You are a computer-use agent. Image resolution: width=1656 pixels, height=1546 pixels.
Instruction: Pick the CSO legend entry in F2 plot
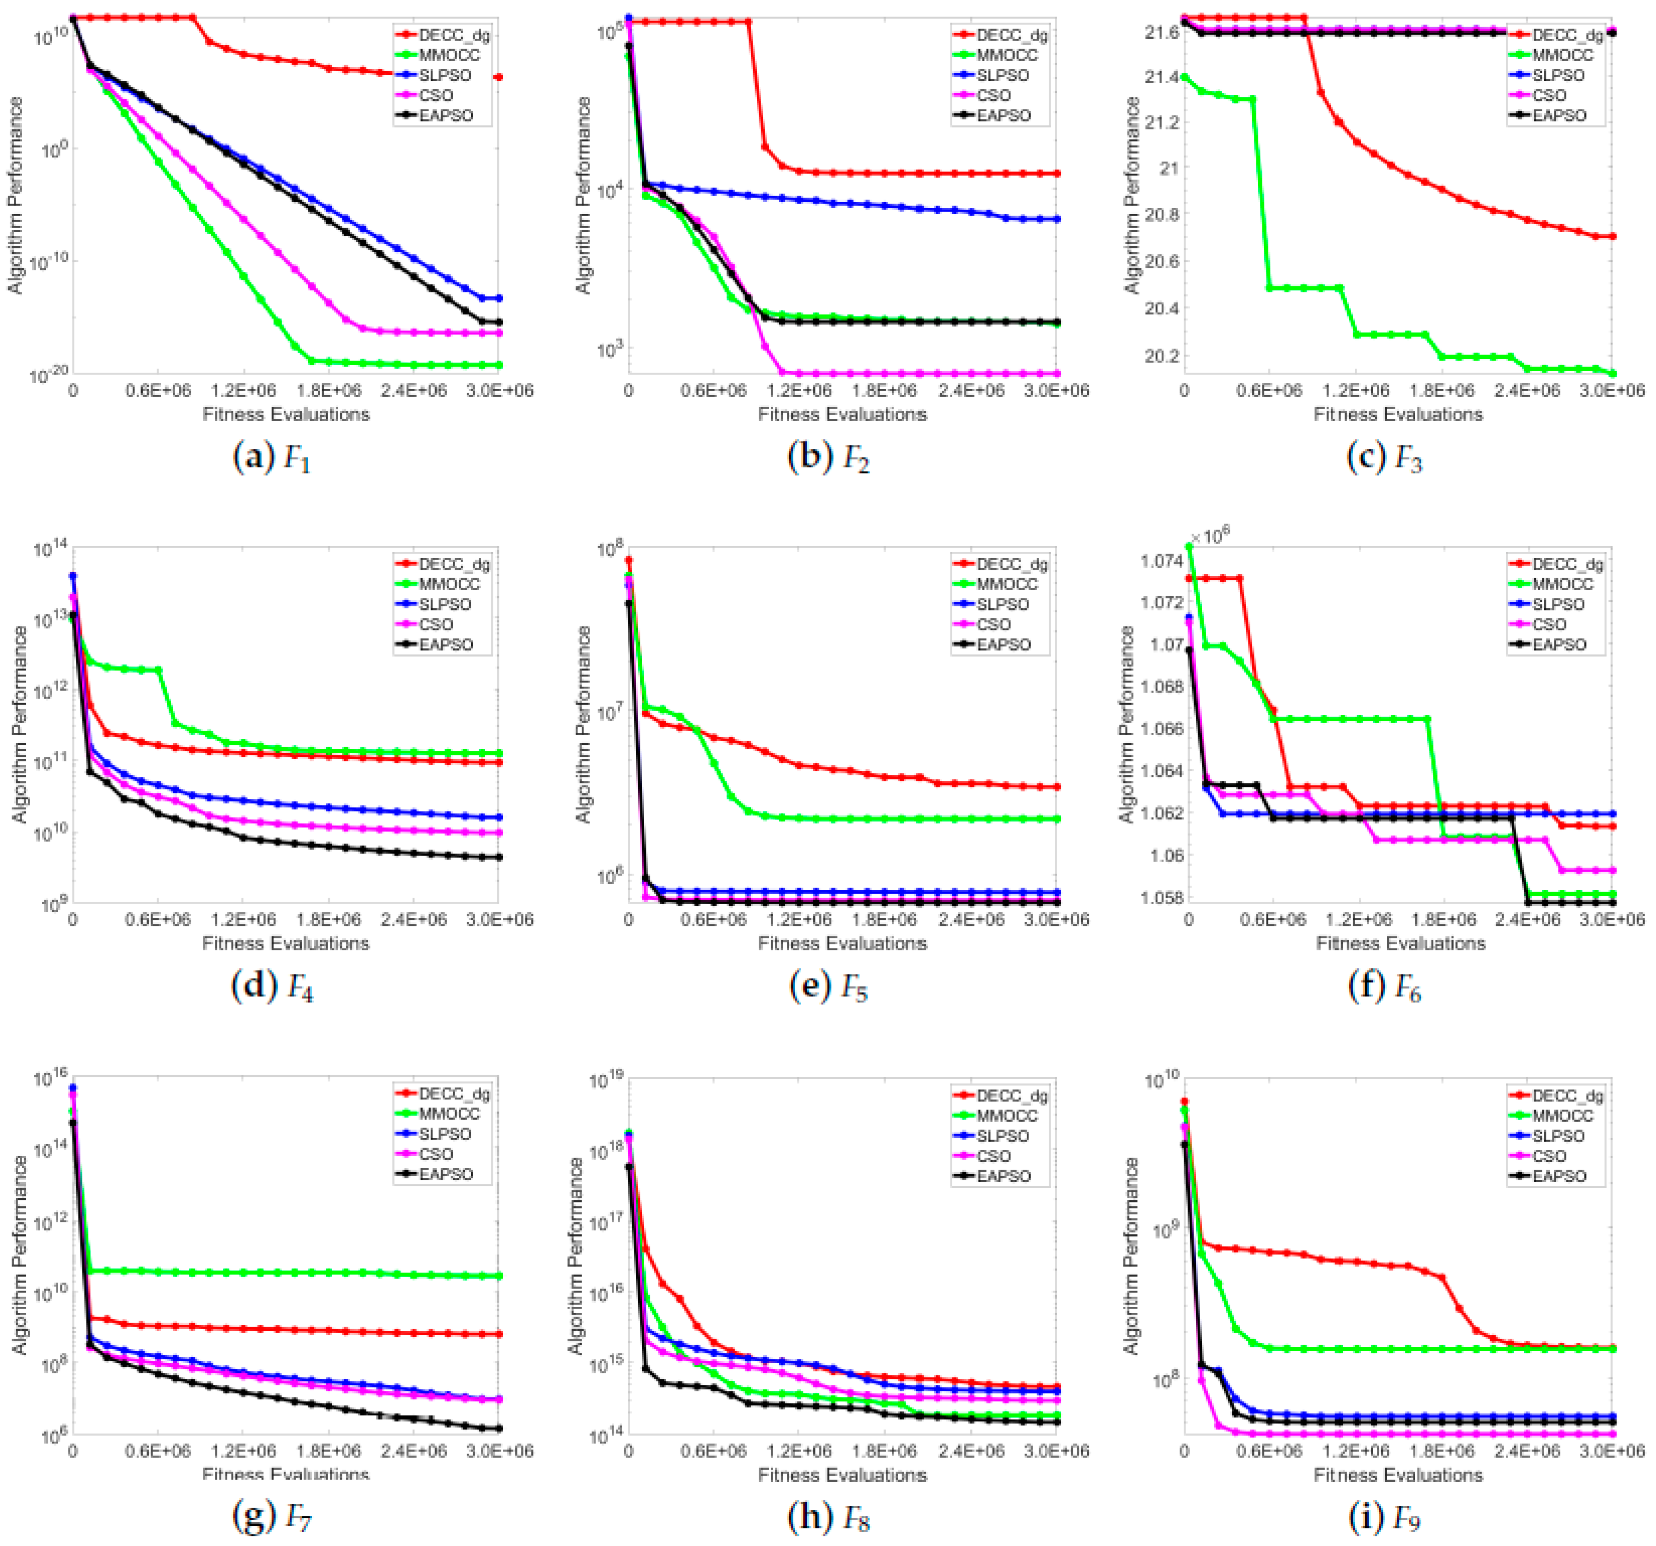993,96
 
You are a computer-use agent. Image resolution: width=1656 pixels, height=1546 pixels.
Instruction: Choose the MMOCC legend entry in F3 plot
1562,55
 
